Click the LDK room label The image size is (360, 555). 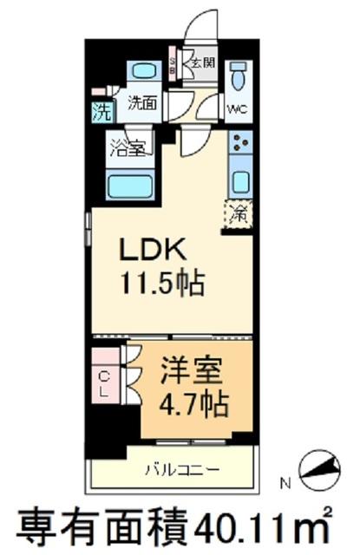pyautogui.click(x=152, y=250)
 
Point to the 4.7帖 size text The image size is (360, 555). pyautogui.click(x=192, y=402)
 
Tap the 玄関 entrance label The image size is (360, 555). pyautogui.click(x=204, y=62)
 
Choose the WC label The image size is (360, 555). pyautogui.click(x=236, y=109)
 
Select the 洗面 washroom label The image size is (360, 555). pyautogui.click(x=141, y=102)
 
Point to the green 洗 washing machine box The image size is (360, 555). pyautogui.click(x=101, y=111)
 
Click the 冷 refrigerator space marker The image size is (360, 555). pyautogui.click(x=239, y=210)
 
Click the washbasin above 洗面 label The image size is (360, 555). pyautogui.click(x=141, y=73)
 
